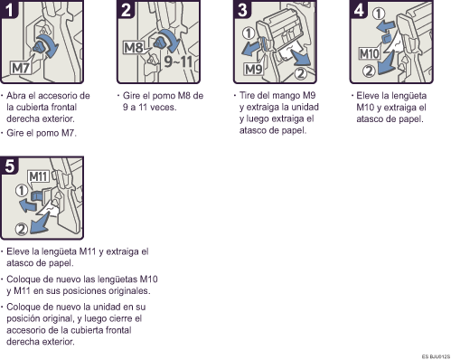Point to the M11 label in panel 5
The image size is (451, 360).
coord(37,175)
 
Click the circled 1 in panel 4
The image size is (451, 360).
coord(381,14)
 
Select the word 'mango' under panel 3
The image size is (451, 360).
coord(285,95)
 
